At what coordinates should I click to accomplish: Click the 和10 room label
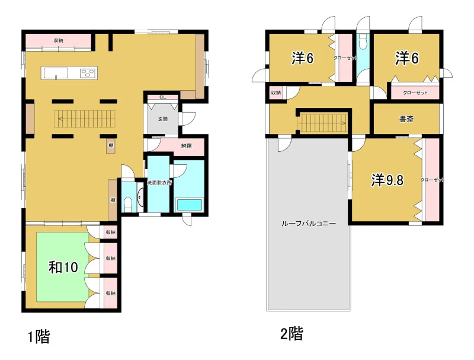(x=63, y=267)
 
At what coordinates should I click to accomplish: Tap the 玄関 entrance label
(x=162, y=119)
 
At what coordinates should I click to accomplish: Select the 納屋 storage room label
(x=187, y=146)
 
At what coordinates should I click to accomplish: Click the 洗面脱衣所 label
(x=159, y=183)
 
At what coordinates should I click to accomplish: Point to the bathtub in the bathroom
(x=189, y=205)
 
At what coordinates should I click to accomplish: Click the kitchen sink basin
(x=56, y=73)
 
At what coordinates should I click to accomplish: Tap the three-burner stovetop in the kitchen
(x=88, y=73)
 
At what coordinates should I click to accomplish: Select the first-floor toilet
(x=128, y=203)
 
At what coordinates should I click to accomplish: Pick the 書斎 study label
(x=406, y=119)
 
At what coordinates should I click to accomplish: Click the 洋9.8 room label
(x=387, y=180)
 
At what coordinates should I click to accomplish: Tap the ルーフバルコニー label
(x=309, y=224)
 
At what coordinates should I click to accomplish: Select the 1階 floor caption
(x=39, y=336)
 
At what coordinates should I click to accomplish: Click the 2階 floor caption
(x=292, y=334)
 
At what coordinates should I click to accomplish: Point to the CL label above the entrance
(x=162, y=97)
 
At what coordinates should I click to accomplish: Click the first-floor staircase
(x=85, y=119)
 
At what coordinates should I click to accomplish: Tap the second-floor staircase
(x=323, y=123)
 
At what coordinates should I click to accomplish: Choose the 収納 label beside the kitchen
(x=58, y=40)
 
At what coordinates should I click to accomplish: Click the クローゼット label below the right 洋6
(x=415, y=93)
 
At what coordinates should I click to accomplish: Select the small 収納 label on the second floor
(x=276, y=93)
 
